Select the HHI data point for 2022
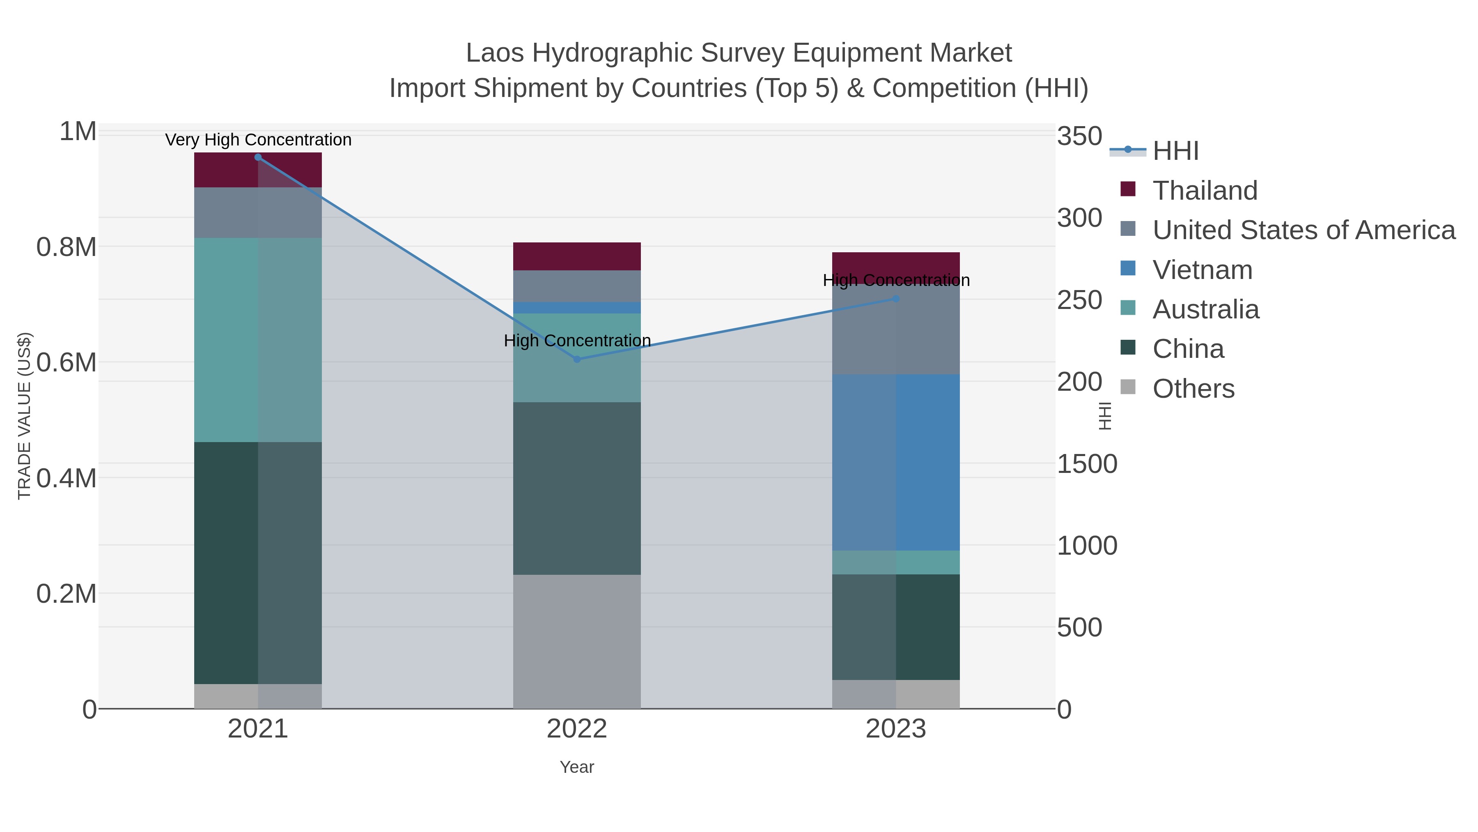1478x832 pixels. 577,360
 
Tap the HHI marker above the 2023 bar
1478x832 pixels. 896,299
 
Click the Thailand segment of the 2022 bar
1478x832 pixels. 577,256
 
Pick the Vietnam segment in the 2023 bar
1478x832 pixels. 896,462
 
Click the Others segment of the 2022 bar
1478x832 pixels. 577,641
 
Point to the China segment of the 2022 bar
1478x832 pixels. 577,488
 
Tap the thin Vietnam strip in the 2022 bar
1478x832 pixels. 577,308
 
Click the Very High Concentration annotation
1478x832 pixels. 258,140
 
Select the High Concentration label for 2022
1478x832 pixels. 577,341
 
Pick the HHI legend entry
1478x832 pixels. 1175,150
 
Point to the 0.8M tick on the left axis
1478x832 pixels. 66,247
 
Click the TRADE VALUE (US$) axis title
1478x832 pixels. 24,416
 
